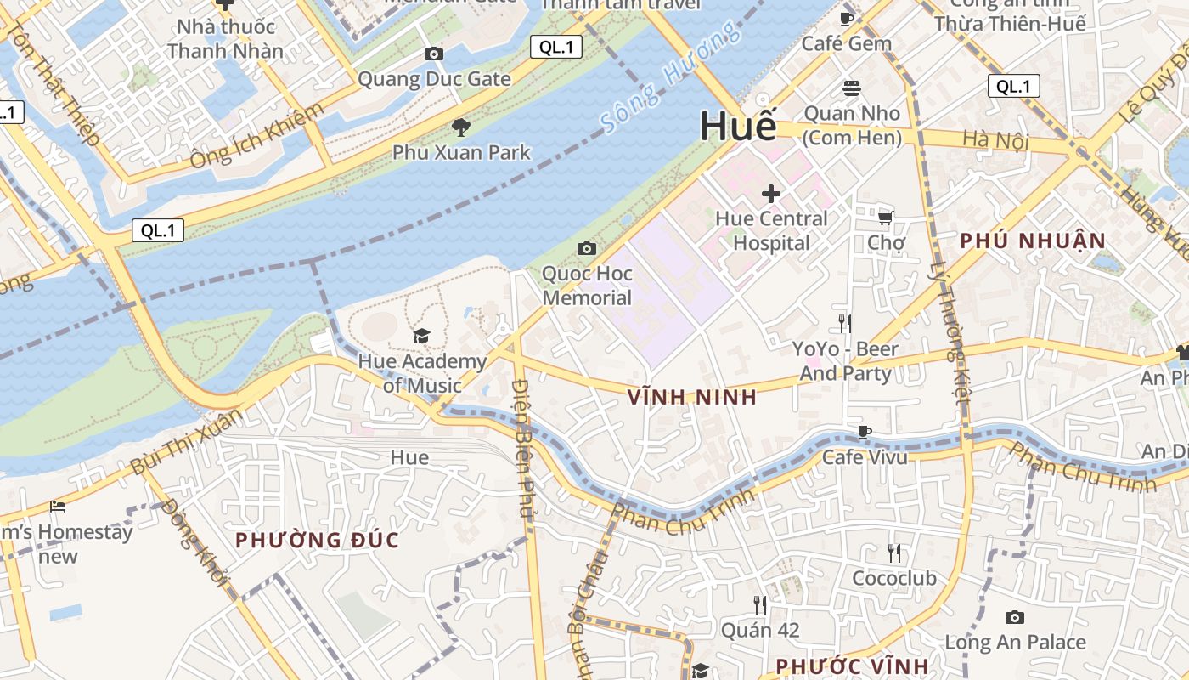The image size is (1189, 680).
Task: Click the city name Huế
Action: pos(738,127)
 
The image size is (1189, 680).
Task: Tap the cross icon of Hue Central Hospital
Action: pos(770,194)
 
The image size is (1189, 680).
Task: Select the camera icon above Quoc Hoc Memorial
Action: pos(586,249)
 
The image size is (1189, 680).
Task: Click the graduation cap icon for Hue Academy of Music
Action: pos(422,337)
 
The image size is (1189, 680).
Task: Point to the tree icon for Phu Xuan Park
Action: pos(461,128)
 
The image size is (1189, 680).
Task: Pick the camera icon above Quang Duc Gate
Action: pos(434,54)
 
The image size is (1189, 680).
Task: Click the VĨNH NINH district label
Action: pos(692,397)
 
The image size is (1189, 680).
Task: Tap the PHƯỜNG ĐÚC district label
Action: pos(317,540)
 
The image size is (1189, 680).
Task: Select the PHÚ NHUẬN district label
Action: pos(1033,241)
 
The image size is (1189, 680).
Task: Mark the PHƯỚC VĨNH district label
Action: pos(853,666)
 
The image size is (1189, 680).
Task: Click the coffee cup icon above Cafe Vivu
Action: pos(865,433)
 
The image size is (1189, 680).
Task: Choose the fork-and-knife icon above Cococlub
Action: pos(894,553)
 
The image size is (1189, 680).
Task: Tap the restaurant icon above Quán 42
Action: pos(760,605)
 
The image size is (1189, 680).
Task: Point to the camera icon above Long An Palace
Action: pos(1015,618)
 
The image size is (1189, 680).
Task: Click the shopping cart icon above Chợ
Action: pos(885,218)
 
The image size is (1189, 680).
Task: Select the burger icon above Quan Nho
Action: pos(852,88)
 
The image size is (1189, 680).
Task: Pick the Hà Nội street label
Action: pos(995,140)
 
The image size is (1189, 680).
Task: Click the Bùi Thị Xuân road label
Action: pos(186,442)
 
